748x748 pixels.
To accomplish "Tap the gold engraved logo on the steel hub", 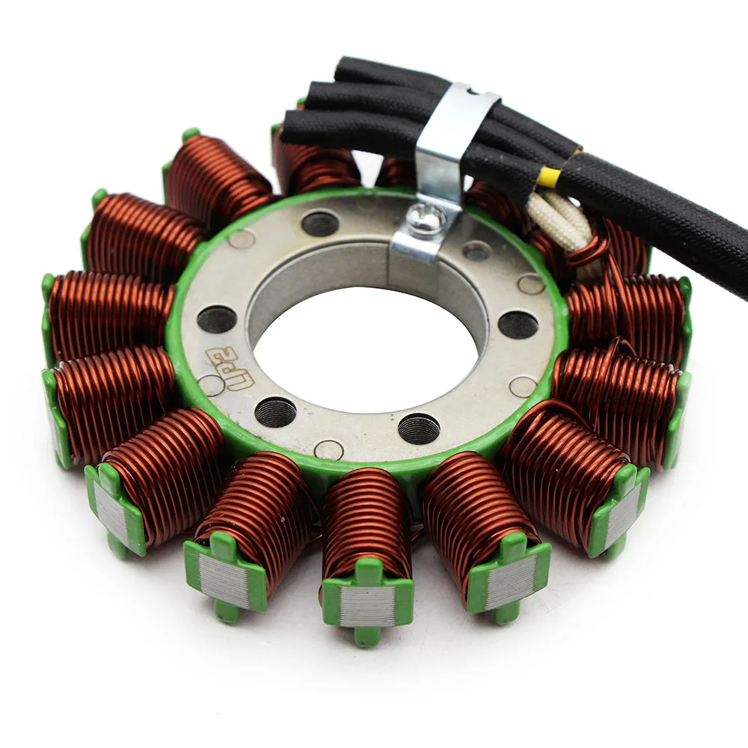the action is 224,370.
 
